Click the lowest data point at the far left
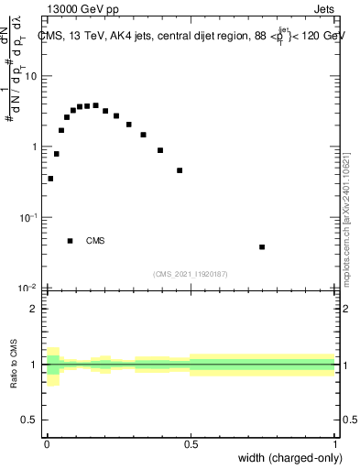(x=50, y=179)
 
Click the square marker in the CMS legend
(x=70, y=241)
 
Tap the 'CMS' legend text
(x=95, y=241)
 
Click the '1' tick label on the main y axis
(x=38, y=147)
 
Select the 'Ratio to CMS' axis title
(x=15, y=365)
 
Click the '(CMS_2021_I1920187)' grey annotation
(x=191, y=274)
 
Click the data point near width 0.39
(x=160, y=150)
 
